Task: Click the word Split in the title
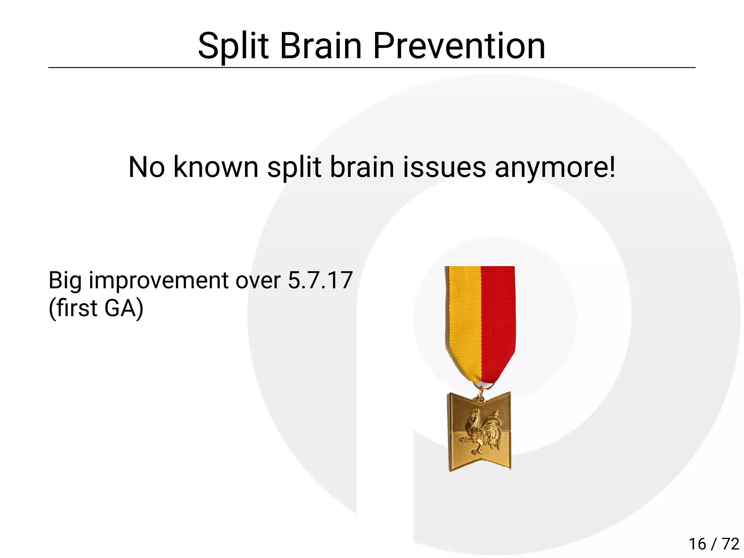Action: click(x=233, y=46)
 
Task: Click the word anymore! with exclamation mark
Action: click(x=555, y=168)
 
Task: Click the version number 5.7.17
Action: click(x=320, y=280)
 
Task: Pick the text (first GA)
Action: click(x=96, y=308)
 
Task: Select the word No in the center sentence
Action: click(x=146, y=167)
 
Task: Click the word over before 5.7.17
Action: click(x=258, y=281)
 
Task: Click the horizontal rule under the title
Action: click(x=372, y=68)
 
